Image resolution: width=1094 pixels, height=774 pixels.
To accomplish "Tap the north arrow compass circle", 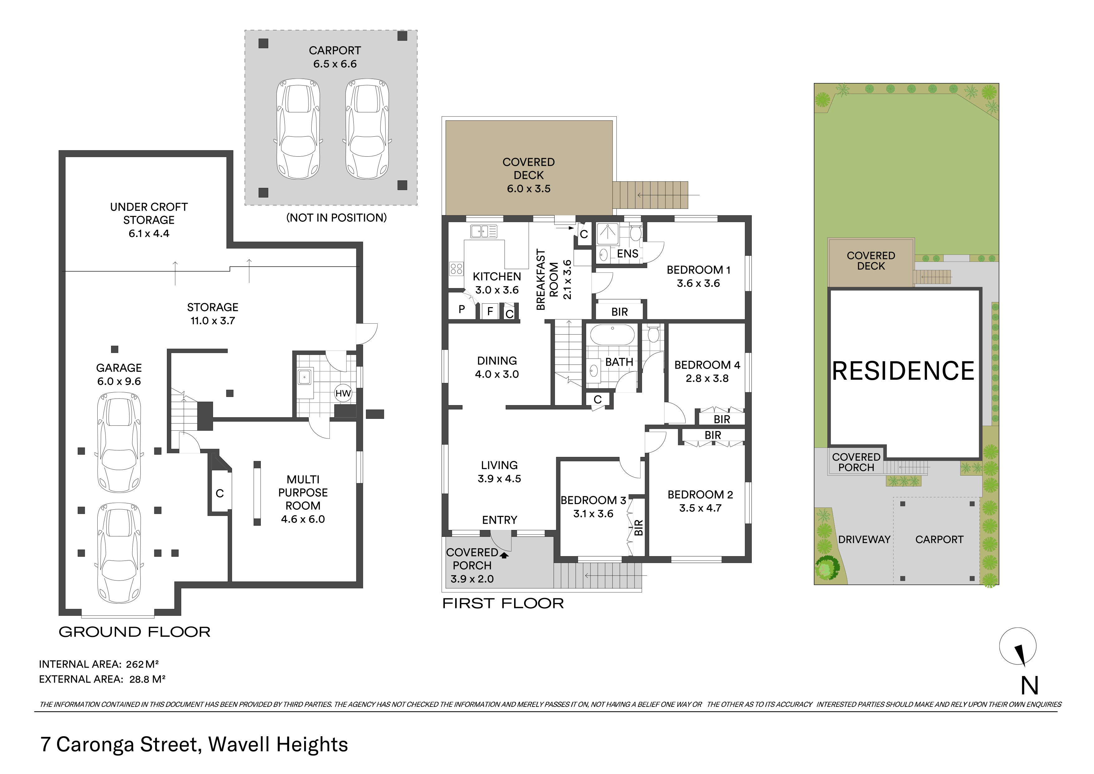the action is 1018,646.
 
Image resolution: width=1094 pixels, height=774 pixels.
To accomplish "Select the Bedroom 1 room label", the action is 698,270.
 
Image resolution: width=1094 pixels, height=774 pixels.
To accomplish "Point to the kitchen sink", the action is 484,232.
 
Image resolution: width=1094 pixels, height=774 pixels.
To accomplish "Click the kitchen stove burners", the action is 456,269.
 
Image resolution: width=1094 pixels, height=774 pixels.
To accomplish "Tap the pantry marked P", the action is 462,309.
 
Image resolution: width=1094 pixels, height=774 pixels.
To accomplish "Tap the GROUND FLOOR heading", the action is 134,632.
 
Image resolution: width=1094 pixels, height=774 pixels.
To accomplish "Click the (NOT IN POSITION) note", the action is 336,218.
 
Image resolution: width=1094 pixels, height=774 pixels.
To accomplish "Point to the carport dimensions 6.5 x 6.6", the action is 335,64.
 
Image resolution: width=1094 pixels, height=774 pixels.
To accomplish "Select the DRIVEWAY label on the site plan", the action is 864,540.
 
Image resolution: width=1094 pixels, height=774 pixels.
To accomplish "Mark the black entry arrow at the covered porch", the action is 504,554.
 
